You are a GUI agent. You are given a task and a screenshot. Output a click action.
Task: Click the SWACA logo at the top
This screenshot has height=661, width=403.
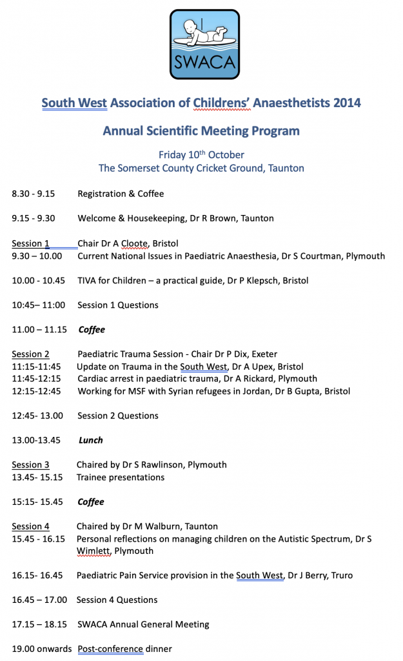click(204, 44)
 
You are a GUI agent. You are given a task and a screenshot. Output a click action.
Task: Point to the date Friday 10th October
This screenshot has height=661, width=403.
click(201, 155)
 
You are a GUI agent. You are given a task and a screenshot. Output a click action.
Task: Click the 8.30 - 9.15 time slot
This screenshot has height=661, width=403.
click(33, 194)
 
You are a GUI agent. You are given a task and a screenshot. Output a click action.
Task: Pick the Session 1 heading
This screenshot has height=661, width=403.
click(30, 243)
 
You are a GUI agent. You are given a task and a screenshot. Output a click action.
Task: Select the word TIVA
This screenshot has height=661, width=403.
click(88, 280)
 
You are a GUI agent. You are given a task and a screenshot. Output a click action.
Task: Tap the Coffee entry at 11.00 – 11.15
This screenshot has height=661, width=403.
click(92, 329)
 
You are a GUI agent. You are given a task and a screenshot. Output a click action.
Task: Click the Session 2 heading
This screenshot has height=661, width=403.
click(30, 354)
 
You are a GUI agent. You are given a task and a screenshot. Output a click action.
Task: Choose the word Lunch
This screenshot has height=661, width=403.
click(91, 440)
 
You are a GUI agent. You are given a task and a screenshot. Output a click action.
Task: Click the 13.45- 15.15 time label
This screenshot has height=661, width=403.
click(37, 477)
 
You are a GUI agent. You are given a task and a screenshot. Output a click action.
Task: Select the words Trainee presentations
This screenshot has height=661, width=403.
click(121, 477)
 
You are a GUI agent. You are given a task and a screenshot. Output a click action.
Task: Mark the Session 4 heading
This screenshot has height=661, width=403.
click(30, 526)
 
